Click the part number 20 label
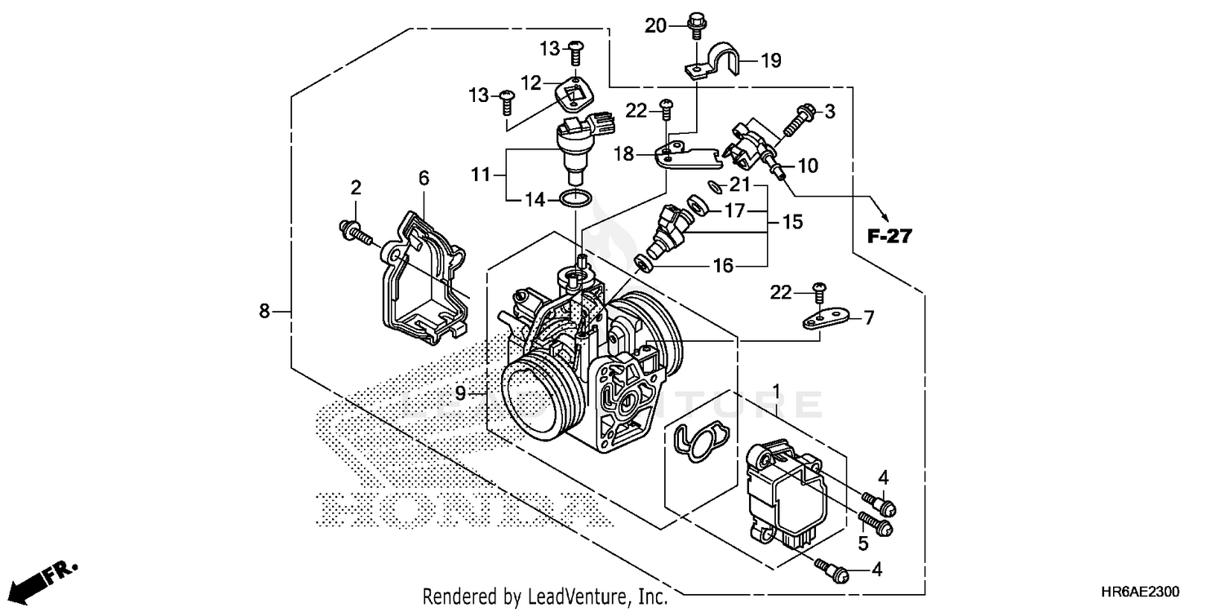(x=656, y=25)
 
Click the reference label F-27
(x=889, y=237)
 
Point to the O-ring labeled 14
(x=576, y=198)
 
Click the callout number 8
(x=264, y=311)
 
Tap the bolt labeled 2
(x=354, y=232)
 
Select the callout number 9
(x=461, y=393)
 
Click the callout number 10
(x=807, y=166)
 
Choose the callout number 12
(x=531, y=82)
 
